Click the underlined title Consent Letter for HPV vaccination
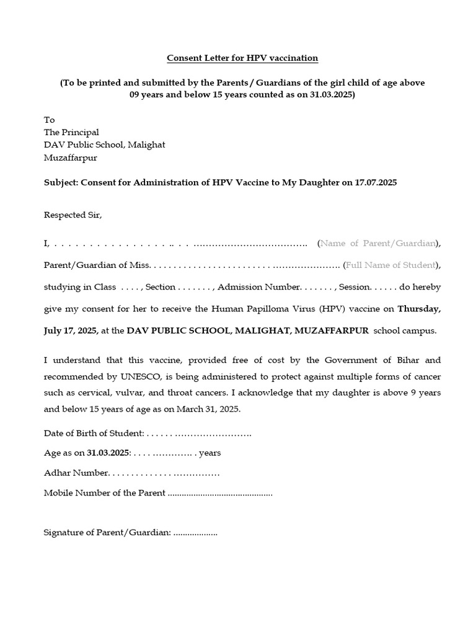point(242,58)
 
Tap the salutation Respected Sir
point(72,215)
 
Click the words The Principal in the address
point(71,132)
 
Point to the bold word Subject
point(60,183)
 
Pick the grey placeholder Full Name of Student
point(390,265)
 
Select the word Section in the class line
point(161,287)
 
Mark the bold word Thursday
point(418,308)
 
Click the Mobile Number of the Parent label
point(104,493)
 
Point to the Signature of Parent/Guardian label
point(107,533)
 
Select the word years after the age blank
point(209,453)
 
